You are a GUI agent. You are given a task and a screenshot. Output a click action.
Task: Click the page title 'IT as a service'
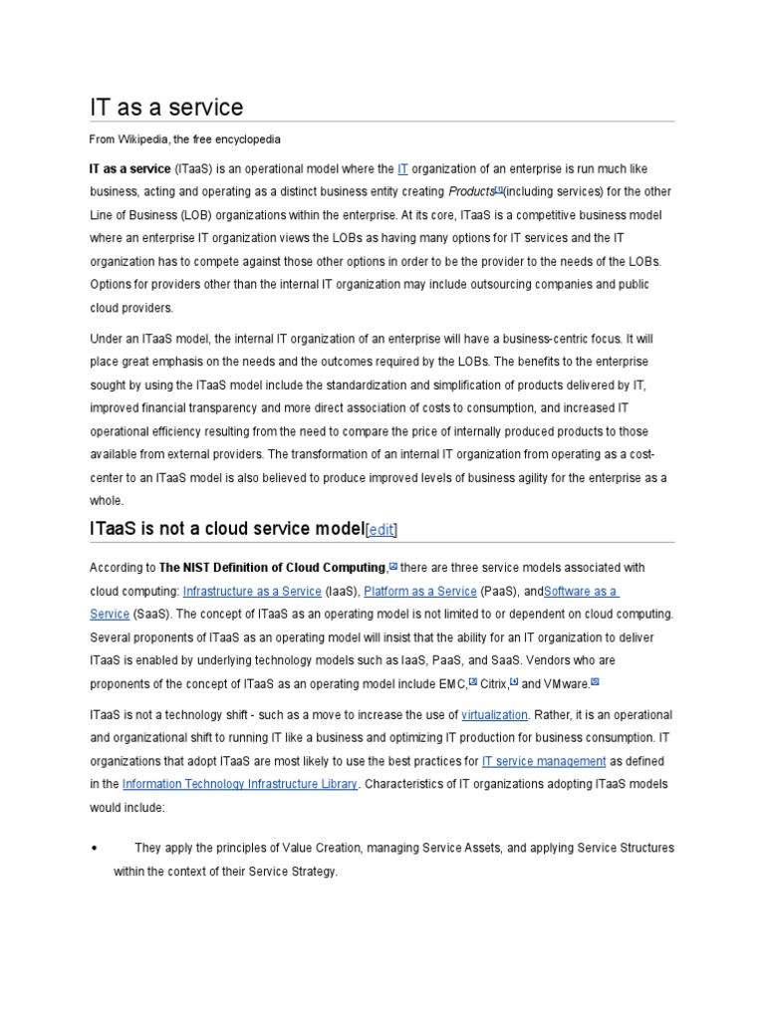165,107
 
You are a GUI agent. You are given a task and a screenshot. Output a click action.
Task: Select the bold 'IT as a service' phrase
129,169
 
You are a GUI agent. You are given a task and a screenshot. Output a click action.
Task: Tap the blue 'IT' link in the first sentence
402,169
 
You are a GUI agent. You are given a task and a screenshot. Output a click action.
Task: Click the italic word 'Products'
471,192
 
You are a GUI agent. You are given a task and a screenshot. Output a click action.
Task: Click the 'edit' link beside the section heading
381,530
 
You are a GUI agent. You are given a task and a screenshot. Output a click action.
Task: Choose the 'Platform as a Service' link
419,591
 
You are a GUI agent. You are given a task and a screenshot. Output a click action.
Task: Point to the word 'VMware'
567,683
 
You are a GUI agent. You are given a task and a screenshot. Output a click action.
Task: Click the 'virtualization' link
495,715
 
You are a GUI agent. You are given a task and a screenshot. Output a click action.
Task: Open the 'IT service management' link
543,761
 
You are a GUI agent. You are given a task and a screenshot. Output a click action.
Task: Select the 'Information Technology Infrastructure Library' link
239,784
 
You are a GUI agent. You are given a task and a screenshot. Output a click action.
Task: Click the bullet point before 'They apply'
93,848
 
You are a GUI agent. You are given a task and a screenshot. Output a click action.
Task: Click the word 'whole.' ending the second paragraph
107,500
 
